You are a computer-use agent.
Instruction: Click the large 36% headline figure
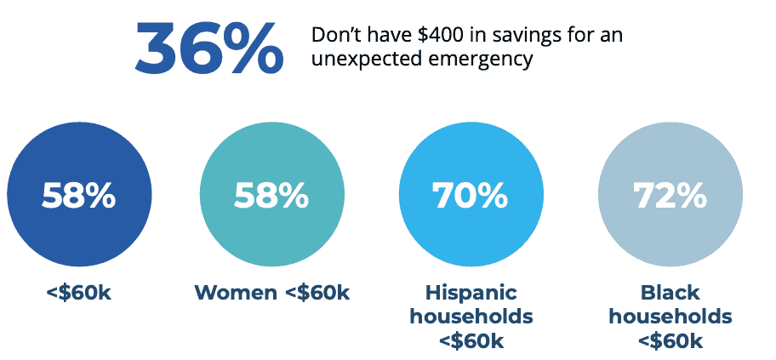point(208,48)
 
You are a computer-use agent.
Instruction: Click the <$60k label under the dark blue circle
point(79,294)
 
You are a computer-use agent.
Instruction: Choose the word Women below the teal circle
point(236,294)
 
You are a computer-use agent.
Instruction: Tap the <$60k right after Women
point(317,294)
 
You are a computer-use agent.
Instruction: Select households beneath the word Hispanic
point(471,317)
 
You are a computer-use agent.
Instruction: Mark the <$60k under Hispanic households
point(471,341)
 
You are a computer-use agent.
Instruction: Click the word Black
point(670,293)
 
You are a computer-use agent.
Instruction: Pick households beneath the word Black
point(670,317)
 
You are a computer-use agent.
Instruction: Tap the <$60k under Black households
point(670,341)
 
